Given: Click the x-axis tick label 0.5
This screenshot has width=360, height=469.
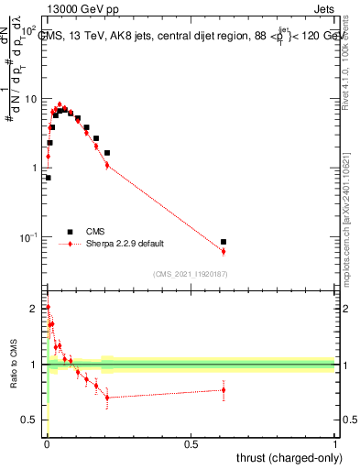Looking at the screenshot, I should point(191,443).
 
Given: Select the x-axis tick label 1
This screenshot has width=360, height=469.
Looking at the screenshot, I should point(335,443).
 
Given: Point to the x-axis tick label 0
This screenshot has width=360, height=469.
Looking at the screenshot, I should point(47,443).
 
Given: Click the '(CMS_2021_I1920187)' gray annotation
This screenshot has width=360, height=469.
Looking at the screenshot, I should point(189,274).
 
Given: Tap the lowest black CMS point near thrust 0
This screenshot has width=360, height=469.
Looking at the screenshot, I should point(48,178).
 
